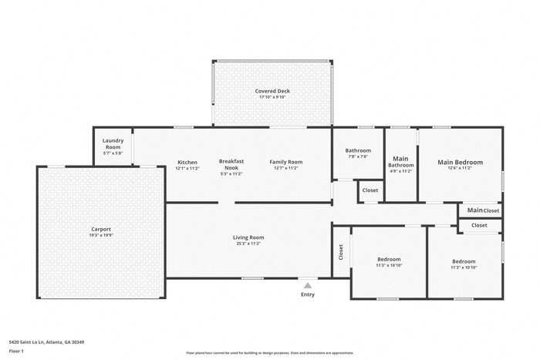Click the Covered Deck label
tap(272, 91)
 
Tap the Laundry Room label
tap(113, 143)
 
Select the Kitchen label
tap(187, 162)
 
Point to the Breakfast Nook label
tap(231, 164)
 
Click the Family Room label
tap(285, 162)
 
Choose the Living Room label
tap(248, 237)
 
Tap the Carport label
tap(101, 229)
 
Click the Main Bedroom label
tap(460, 162)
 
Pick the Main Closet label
tap(482, 210)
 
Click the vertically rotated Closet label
tap(341, 251)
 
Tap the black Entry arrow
tap(308, 284)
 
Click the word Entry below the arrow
tap(308, 294)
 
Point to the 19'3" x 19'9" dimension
tap(101, 235)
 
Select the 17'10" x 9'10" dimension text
tap(272, 97)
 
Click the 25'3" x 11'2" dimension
tap(248, 244)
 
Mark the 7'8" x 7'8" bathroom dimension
tap(358, 156)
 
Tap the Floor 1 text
tap(16, 351)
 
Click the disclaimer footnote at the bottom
tap(269, 353)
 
